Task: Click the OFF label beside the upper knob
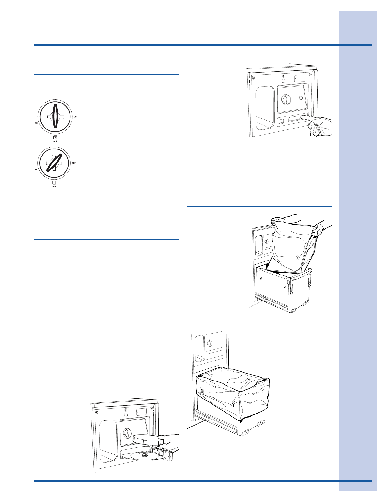point(76,117)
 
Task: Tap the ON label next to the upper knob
point(36,123)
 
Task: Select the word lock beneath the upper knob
point(55,141)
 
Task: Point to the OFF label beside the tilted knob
point(74,163)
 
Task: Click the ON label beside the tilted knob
point(36,169)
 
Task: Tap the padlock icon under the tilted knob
point(54,183)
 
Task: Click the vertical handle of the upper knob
point(55,116)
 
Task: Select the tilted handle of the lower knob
point(54,162)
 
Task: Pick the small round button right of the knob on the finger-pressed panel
point(301,98)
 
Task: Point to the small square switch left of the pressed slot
point(281,121)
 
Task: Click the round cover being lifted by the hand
point(147,439)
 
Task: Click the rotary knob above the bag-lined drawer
point(209,343)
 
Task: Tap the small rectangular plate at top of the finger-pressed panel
point(299,79)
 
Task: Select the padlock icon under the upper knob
point(55,137)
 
